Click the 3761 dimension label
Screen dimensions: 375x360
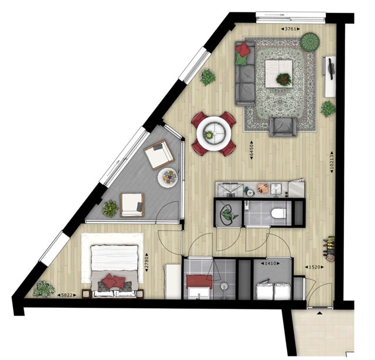[x=290, y=29]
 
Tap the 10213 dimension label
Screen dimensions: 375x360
[x=332, y=162]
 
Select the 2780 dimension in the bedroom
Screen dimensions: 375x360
[x=147, y=262]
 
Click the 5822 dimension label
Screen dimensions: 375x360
[x=67, y=296]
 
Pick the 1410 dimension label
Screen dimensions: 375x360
[x=270, y=263]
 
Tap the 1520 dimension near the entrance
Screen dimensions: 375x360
[x=315, y=267]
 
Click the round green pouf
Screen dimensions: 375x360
[x=310, y=42]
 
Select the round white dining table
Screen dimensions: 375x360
[x=214, y=134]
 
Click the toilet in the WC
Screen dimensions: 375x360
[x=279, y=213]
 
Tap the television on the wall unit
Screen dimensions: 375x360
[x=330, y=69]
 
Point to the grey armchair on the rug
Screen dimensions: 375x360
[x=283, y=127]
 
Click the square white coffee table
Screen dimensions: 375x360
[x=279, y=74]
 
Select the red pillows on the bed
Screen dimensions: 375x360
[x=113, y=281]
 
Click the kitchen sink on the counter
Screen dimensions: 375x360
[x=277, y=188]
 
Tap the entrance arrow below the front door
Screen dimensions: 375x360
[x=319, y=313]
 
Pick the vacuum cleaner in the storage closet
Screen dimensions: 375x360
[x=228, y=213]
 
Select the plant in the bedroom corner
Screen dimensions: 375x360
[x=44, y=288]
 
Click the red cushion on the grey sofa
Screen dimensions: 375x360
[x=244, y=49]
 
